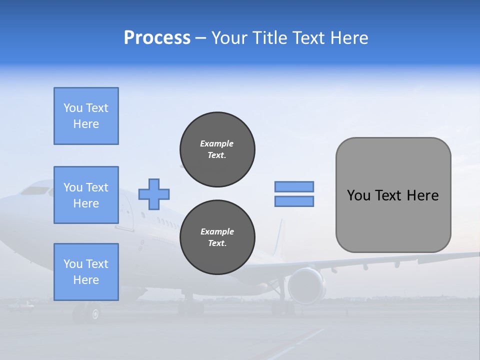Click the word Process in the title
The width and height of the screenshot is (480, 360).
pyautogui.click(x=157, y=38)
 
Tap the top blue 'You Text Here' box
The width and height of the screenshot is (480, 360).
pyautogui.click(x=86, y=116)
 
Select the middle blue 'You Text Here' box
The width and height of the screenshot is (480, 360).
pyautogui.click(x=86, y=195)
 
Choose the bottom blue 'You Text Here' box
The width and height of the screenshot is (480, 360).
pyautogui.click(x=86, y=272)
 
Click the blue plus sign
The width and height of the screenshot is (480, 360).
pyautogui.click(x=154, y=194)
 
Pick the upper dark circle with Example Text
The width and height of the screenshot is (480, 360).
pyautogui.click(x=217, y=149)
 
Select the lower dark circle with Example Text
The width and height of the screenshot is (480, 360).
pyautogui.click(x=217, y=237)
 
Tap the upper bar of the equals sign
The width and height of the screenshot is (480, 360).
pyautogui.click(x=294, y=186)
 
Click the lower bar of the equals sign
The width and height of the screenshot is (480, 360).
pyautogui.click(x=294, y=201)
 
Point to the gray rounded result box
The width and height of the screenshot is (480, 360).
pyautogui.click(x=393, y=195)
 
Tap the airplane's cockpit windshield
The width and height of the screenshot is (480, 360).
pyautogui.click(x=35, y=190)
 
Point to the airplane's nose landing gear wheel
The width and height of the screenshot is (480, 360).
pyautogui.click(x=93, y=313)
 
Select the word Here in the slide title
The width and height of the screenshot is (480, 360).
pyautogui.click(x=350, y=38)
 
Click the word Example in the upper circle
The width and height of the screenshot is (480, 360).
pyautogui.click(x=217, y=143)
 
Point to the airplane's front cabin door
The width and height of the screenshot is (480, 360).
pyautogui.click(x=125, y=213)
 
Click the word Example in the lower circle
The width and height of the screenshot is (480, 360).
pyautogui.click(x=217, y=231)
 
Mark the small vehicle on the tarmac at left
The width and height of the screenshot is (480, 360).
pyautogui.click(x=22, y=304)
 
